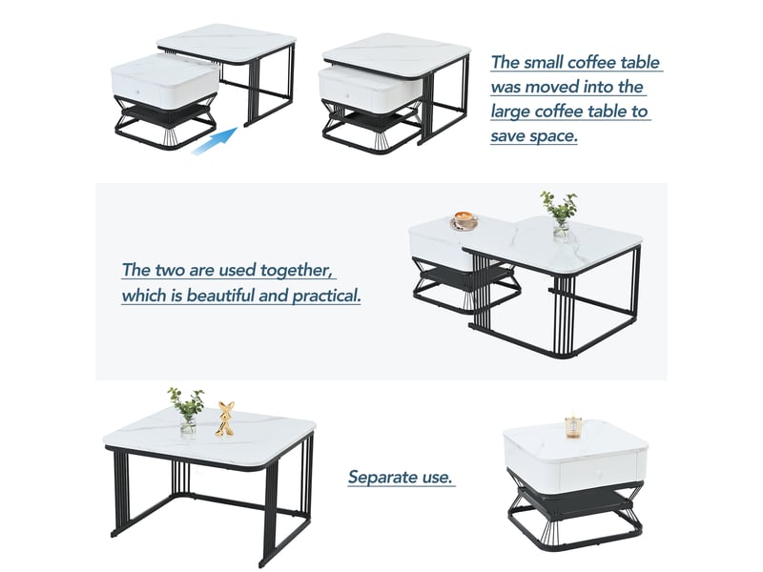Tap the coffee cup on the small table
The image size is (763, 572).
point(464,220)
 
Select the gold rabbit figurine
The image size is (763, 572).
point(225,419)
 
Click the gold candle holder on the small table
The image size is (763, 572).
point(574,426)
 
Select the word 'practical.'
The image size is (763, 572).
point(327,296)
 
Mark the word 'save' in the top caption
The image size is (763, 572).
point(507,136)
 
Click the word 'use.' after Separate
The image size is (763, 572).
point(438,478)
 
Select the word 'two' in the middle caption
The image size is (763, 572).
point(170,270)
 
